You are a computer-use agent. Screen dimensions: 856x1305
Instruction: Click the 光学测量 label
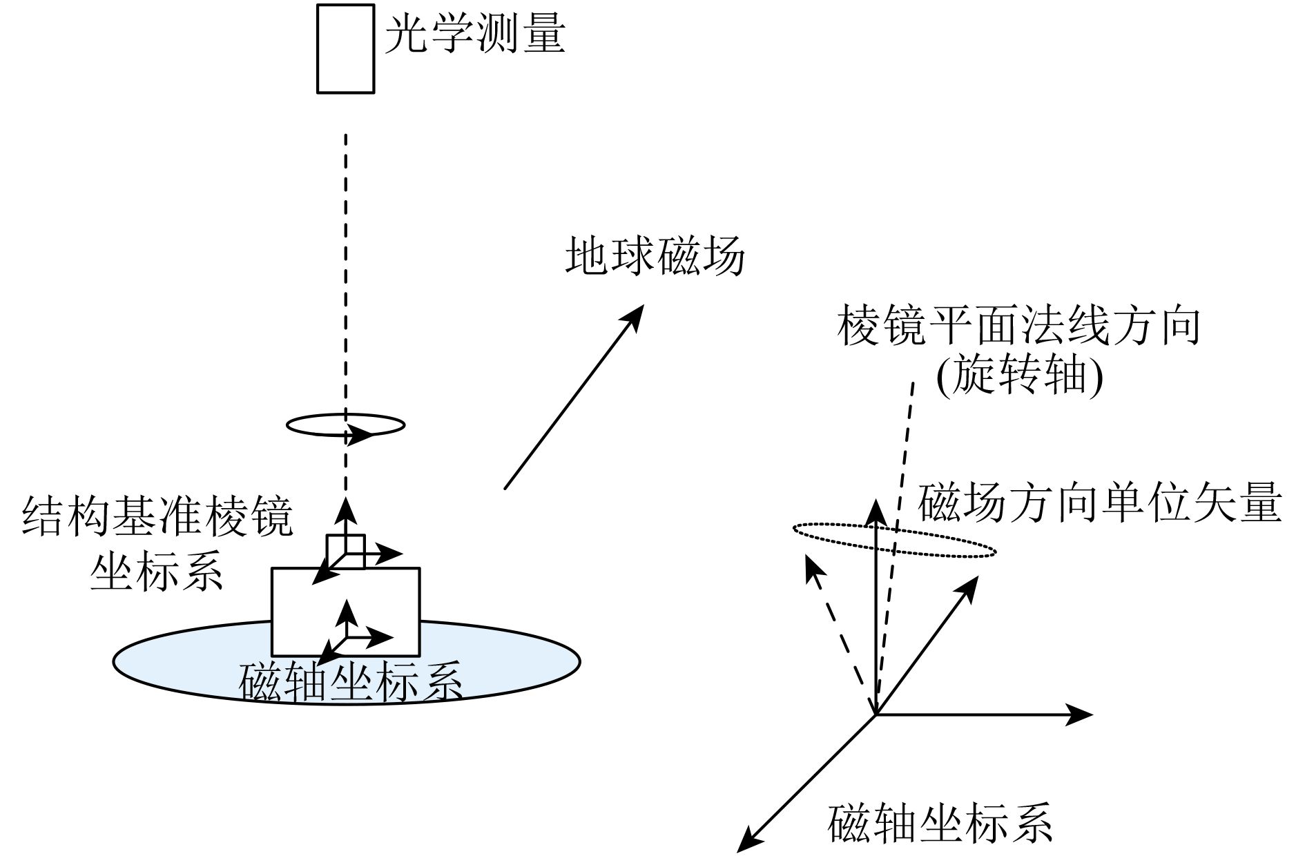pos(475,35)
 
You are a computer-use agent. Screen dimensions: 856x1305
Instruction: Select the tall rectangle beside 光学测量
pos(345,48)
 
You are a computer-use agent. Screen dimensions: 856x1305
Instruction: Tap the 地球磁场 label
pos(655,257)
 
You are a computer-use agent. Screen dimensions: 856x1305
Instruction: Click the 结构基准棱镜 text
pos(158,516)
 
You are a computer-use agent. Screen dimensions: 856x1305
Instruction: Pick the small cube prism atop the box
pos(346,551)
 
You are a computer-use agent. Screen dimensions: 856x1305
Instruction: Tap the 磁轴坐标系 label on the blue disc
pos(350,682)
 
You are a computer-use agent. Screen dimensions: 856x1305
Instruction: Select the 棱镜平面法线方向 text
pos(1018,326)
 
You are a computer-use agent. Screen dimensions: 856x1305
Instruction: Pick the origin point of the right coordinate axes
pos(876,714)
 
